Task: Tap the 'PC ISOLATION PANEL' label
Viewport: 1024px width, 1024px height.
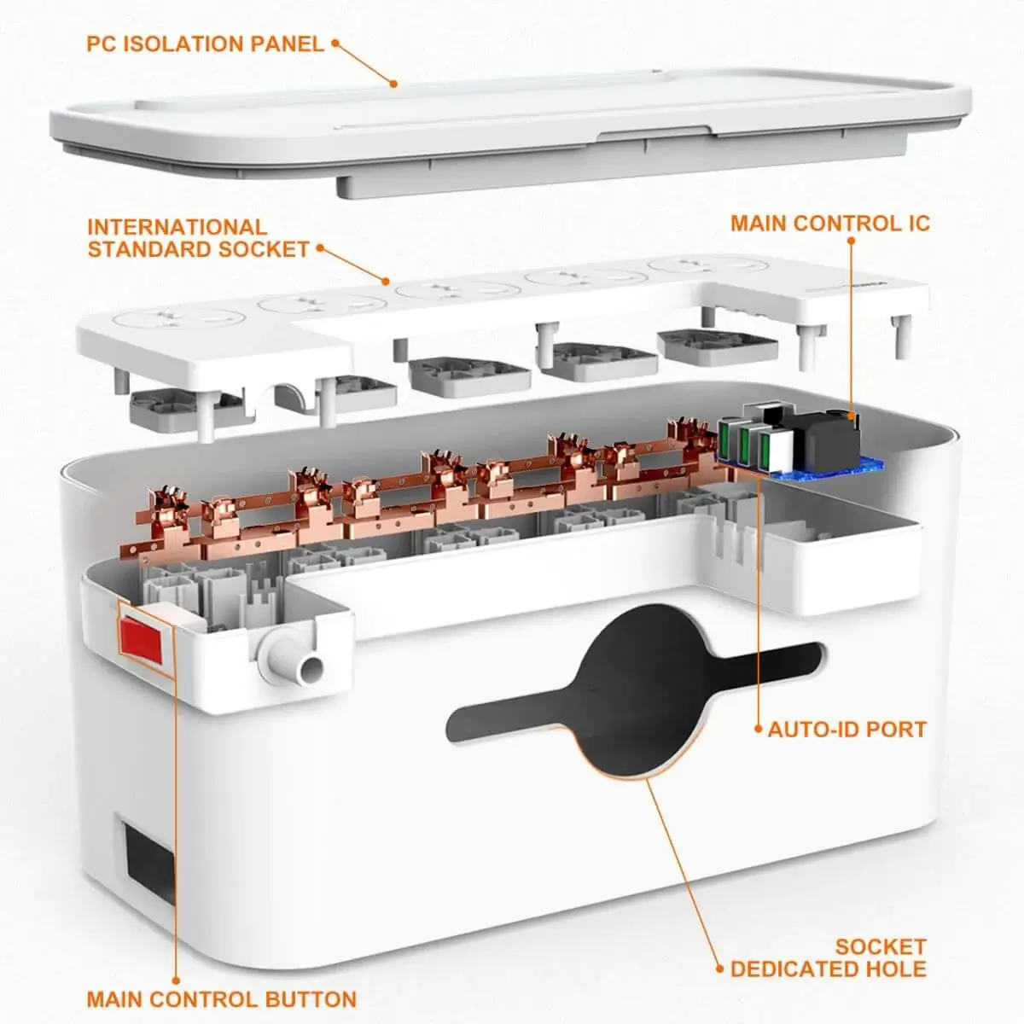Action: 205,44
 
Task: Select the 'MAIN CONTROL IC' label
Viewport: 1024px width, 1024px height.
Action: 830,224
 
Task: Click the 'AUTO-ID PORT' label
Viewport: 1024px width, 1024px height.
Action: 847,729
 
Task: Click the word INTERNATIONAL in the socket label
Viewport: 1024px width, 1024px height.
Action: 177,228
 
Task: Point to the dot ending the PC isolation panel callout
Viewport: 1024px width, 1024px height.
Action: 393,84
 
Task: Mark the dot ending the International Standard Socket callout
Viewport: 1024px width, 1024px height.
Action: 387,282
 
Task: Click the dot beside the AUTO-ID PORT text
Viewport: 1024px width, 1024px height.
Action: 759,729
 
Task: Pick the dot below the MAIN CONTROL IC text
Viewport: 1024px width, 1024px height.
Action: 851,241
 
